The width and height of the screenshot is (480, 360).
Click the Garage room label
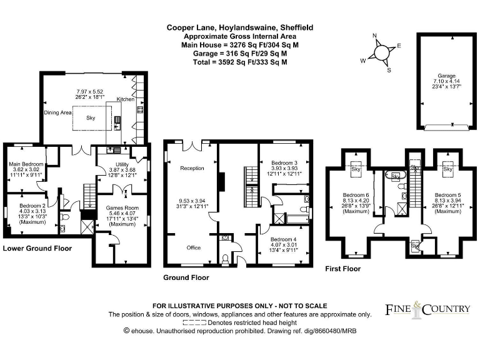click(x=446, y=76)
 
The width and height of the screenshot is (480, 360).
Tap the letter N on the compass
click(x=374, y=36)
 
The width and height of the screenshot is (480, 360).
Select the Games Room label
click(x=122, y=208)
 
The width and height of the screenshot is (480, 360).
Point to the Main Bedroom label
click(x=26, y=164)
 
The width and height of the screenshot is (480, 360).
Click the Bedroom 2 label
click(x=32, y=206)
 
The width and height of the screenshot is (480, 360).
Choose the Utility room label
click(x=122, y=164)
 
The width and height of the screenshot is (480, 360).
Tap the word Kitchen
click(x=126, y=99)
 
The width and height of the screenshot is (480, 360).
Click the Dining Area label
click(x=57, y=112)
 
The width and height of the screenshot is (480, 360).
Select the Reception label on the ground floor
click(x=192, y=168)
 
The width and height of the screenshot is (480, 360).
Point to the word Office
click(x=194, y=247)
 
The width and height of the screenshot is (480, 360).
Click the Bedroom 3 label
click(x=284, y=163)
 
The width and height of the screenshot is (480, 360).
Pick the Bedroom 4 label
click(x=284, y=239)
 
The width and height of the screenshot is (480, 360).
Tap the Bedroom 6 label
click(x=356, y=195)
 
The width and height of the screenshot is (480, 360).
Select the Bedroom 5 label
click(x=448, y=195)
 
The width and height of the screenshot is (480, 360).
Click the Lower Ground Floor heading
click(x=37, y=248)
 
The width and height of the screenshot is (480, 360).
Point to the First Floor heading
click(x=343, y=269)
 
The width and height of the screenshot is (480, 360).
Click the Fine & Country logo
click(x=427, y=310)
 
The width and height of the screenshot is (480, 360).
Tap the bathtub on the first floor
click(x=396, y=176)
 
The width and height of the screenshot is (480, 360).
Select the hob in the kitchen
click(x=140, y=109)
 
